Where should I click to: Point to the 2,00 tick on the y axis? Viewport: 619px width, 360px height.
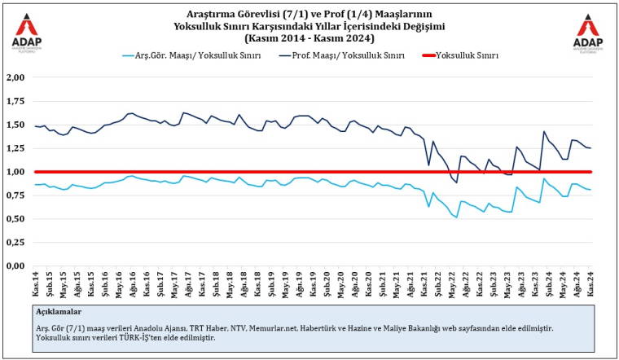pos(15,78)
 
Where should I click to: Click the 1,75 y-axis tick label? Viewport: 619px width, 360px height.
pos(15,102)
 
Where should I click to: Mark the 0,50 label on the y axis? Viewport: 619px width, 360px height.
pos(15,219)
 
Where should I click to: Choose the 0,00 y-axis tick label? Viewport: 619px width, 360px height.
pos(15,266)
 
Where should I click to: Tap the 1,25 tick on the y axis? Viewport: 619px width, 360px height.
pos(15,149)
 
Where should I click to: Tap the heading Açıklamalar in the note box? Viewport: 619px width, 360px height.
pos(59,311)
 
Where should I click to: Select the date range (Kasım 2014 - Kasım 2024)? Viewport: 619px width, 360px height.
pos(309,38)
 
